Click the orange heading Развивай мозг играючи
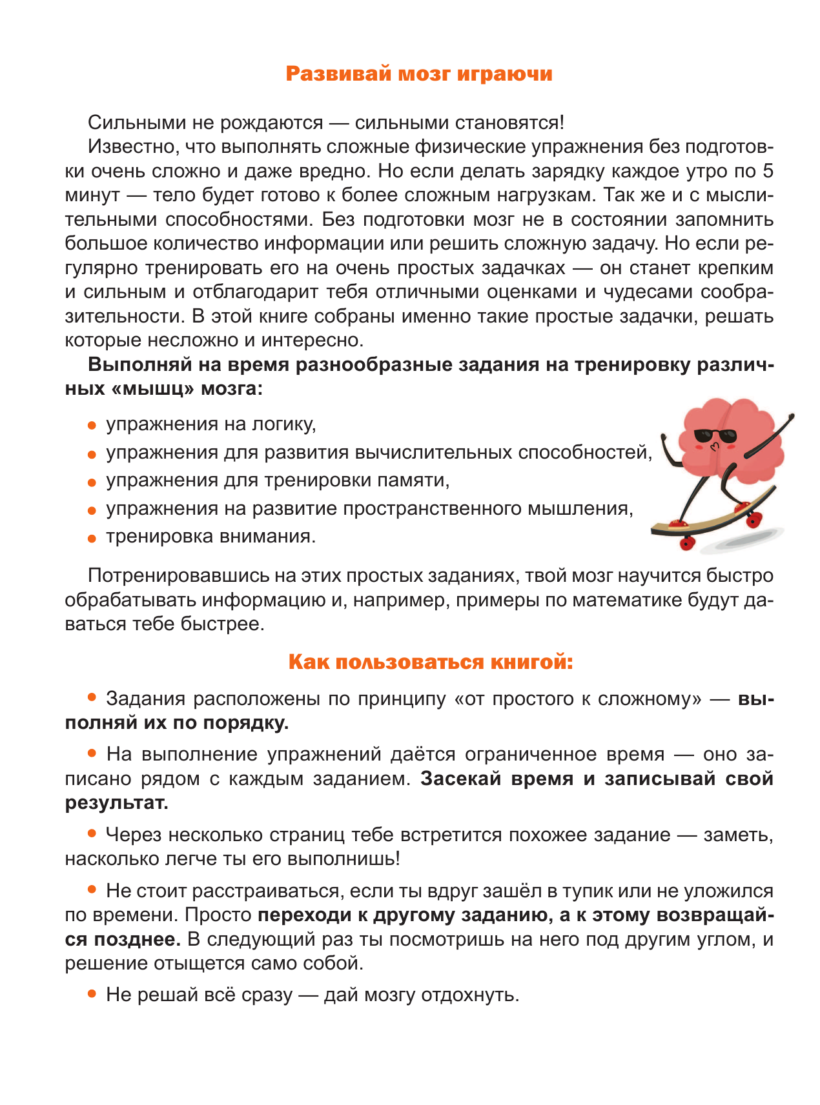[419, 74]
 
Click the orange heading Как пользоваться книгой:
[430, 662]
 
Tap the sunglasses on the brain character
[714, 436]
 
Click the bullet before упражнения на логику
[92, 426]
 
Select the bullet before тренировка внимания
[92, 538]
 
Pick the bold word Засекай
[461, 779]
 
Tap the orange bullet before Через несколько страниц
[92, 833]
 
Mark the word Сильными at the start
[129, 123]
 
